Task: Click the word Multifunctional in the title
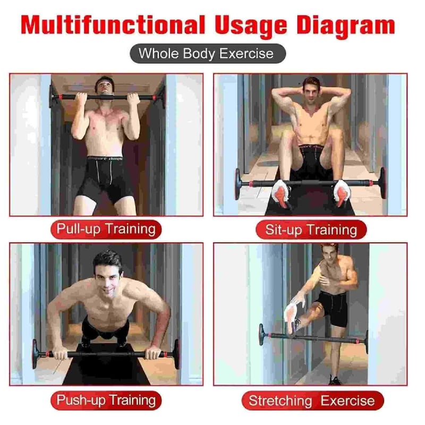(113, 25)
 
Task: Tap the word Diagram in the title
(346, 27)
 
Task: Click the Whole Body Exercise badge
(208, 54)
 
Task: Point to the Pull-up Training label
(106, 229)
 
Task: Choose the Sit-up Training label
(311, 230)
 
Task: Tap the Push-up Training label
(106, 401)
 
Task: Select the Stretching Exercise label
(312, 401)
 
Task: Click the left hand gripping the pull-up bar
(81, 99)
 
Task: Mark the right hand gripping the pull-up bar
(133, 99)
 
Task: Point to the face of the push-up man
(108, 277)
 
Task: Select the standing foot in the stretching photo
(335, 380)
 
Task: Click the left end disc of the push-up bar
(35, 354)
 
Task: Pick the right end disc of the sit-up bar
(382, 183)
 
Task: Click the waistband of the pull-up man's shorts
(105, 159)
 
